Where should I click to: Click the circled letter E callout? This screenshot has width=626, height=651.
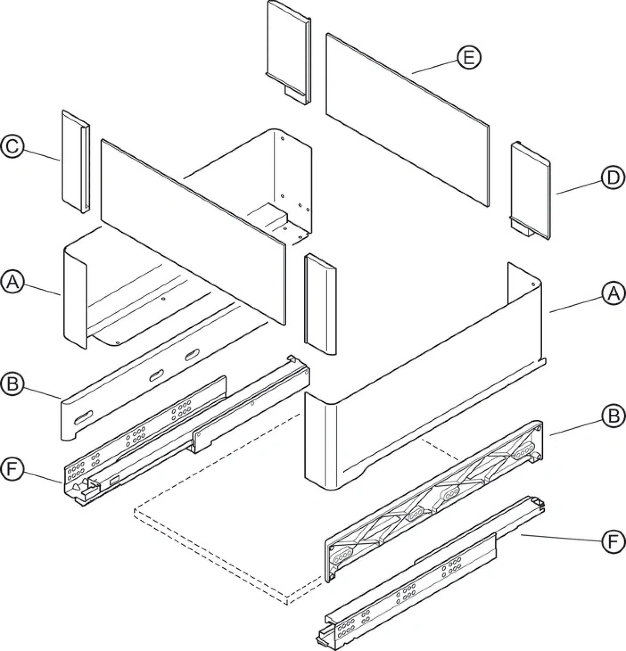point(469,58)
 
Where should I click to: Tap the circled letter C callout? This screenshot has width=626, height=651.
point(12,146)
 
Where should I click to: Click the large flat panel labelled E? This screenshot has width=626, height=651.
point(407,120)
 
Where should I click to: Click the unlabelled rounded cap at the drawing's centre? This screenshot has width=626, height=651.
point(320,304)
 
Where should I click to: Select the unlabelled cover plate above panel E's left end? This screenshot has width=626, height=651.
point(289,52)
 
